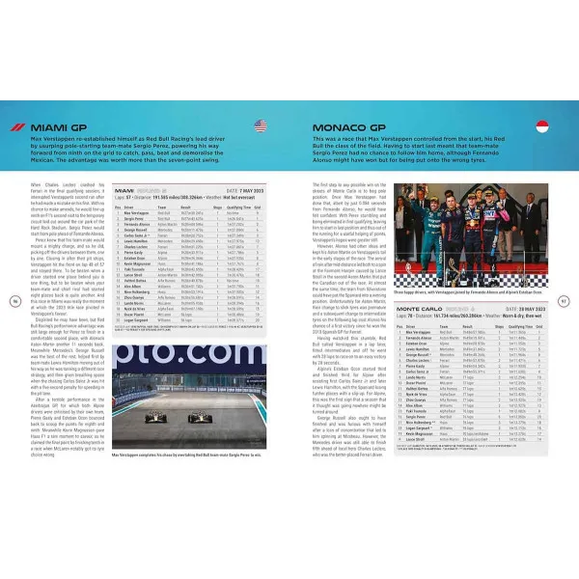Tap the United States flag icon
pyautogui.click(x=262, y=126)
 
